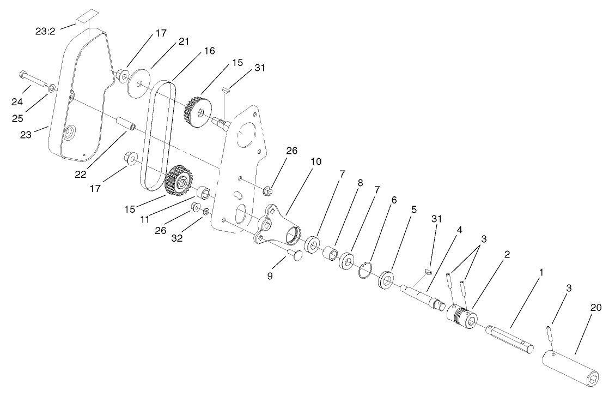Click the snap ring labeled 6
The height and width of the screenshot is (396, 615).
[366, 269]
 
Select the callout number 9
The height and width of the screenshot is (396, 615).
[270, 276]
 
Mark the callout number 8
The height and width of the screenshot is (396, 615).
[360, 184]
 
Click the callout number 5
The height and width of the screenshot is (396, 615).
[414, 209]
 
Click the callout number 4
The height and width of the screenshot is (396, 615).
[460, 230]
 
